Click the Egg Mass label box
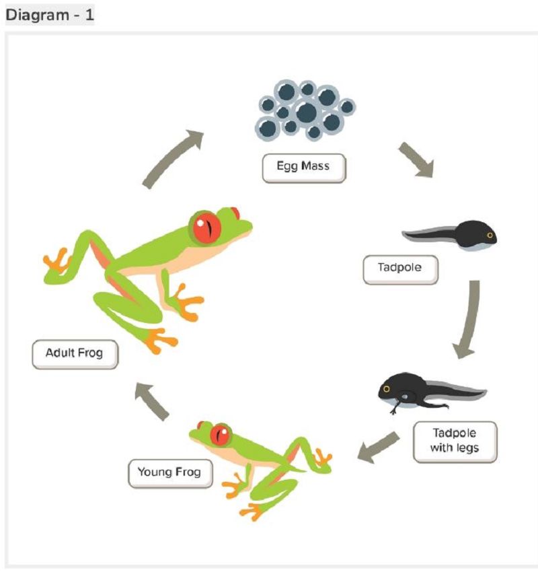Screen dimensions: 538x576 tap(304, 168)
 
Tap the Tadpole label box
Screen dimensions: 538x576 tap(400, 270)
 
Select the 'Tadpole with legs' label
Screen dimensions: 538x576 tap(455, 441)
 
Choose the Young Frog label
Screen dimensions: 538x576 tap(170, 474)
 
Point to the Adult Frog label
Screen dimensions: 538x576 tap(75, 355)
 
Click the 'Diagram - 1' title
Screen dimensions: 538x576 tap(50, 15)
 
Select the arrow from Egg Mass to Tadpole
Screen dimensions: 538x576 tap(417, 159)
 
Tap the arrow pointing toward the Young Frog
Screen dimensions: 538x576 tap(378, 447)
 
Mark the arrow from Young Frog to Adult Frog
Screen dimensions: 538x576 tap(152, 402)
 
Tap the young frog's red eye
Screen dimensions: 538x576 tap(221, 435)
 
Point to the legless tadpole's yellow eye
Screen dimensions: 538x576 tap(490, 235)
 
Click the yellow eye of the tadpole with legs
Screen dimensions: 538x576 tap(386, 389)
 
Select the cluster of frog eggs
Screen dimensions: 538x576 tap(305, 110)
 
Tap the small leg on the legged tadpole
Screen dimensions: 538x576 tap(397, 406)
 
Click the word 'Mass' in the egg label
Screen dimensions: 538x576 tap(315, 166)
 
